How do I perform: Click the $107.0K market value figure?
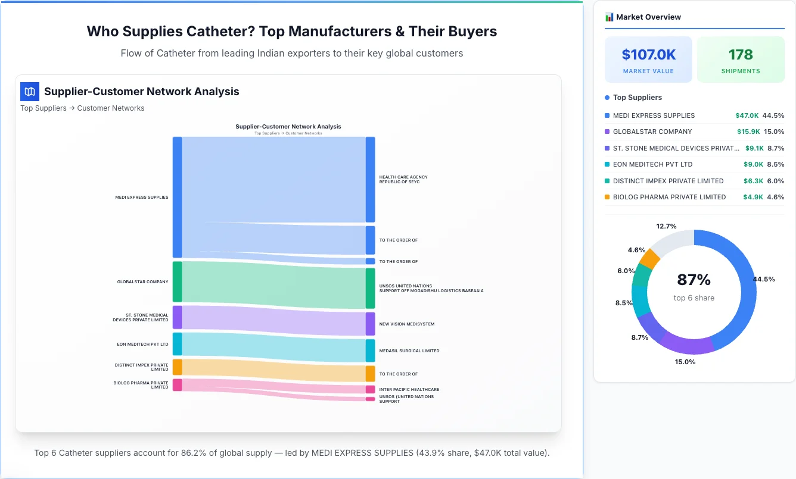648,55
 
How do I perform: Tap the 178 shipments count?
741,55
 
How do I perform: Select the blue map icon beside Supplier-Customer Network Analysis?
30,92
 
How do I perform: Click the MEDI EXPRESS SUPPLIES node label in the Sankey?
142,198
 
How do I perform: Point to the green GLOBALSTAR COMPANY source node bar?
177,281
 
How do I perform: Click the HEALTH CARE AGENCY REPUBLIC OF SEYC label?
403,179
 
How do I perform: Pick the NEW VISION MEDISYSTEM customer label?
407,324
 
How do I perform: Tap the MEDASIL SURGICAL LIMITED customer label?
409,351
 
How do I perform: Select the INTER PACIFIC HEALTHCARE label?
409,390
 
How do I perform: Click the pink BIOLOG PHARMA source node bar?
177,385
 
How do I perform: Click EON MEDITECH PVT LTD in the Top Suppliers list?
652,164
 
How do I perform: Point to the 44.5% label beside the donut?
764,279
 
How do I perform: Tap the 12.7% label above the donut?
666,226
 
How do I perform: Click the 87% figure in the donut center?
694,280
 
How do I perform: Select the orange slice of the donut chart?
649,259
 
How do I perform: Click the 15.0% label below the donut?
685,362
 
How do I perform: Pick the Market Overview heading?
648,17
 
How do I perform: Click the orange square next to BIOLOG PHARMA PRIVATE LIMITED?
607,197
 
